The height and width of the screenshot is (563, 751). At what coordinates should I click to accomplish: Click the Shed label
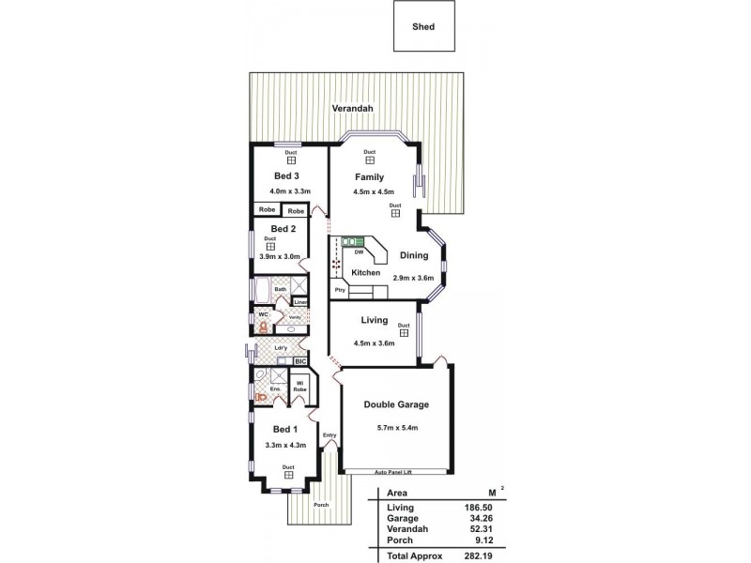point(423,27)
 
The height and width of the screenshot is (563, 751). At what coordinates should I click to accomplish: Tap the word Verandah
point(353,109)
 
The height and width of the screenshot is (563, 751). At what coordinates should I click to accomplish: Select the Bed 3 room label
point(286,175)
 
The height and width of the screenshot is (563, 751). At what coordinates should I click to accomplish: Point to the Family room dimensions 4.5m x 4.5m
point(373,192)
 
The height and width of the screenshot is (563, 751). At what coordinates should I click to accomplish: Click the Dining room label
point(414,255)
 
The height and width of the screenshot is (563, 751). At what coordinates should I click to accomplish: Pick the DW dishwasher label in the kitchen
point(360,251)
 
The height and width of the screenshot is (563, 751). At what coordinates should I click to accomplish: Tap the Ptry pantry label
point(339,290)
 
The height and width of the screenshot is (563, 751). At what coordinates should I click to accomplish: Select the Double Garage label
point(396,405)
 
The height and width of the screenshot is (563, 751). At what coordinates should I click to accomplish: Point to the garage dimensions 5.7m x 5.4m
point(396,428)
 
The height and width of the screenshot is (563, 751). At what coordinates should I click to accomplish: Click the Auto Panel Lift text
point(394,472)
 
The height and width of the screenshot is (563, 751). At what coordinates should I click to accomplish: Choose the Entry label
point(330,435)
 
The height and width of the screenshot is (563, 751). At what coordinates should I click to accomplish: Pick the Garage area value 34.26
point(484,517)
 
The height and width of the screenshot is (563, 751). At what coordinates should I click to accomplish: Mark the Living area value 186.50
point(483,507)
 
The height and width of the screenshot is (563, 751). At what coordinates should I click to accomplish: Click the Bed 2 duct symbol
point(270,247)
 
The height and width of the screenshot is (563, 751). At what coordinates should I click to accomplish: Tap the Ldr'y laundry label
point(281,348)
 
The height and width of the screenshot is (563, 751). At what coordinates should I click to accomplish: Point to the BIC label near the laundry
point(300,361)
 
